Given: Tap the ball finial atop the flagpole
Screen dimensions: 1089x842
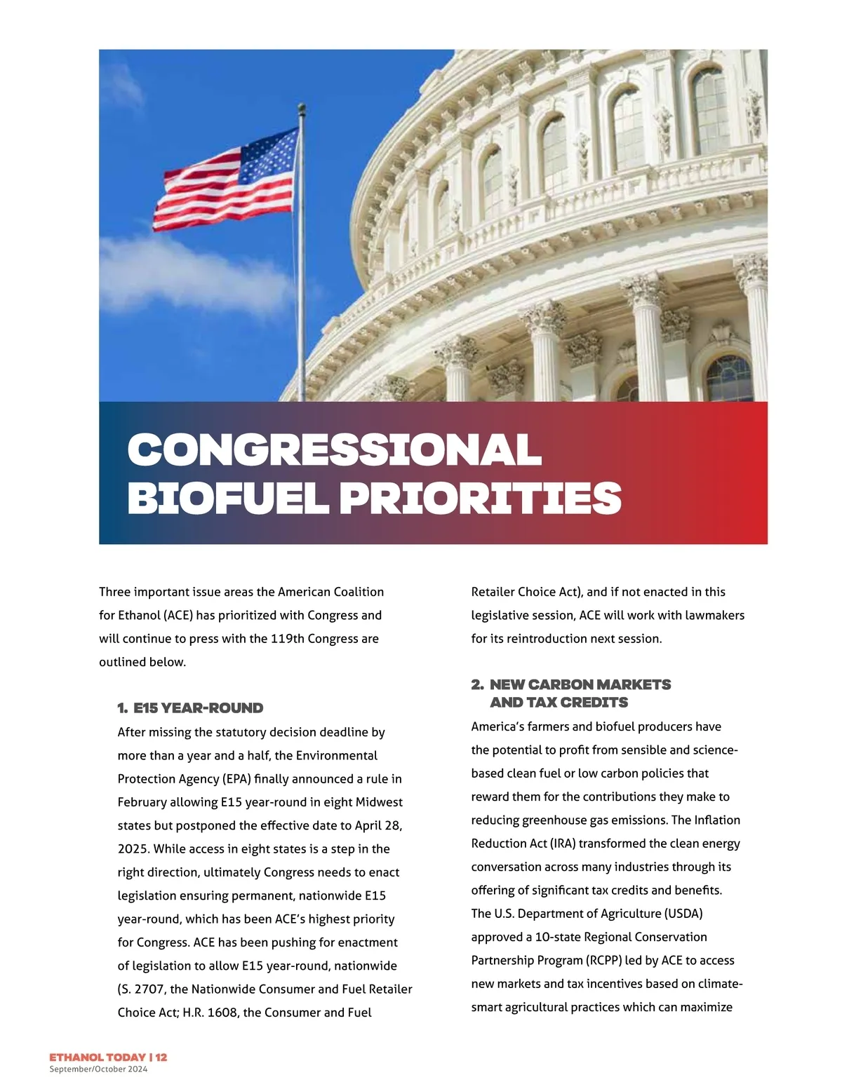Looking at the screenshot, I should pyautogui.click(x=302, y=109).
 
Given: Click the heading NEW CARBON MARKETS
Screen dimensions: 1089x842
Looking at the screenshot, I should pyautogui.click(x=580, y=684).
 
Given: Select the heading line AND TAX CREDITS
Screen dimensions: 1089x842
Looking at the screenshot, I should pyautogui.click(x=559, y=703).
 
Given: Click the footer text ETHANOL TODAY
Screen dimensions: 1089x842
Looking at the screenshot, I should pyautogui.click(x=97, y=1057).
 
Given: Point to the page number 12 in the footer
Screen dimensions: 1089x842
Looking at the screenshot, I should pyautogui.click(x=161, y=1057).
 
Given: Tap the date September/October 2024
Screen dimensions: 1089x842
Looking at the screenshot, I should pyautogui.click(x=98, y=1069).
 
